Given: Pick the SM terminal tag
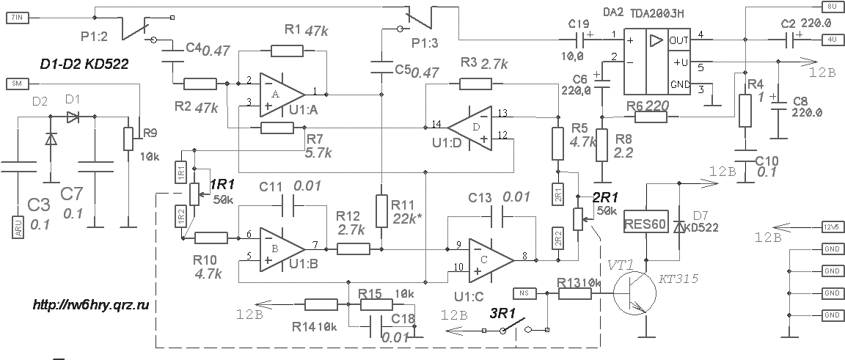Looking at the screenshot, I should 15,83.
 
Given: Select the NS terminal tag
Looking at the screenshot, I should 526,293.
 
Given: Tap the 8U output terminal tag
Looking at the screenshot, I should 830,6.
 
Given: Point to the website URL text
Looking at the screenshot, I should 90,304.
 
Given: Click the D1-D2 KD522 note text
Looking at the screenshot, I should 84,65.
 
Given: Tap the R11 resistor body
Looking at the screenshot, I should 381,211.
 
